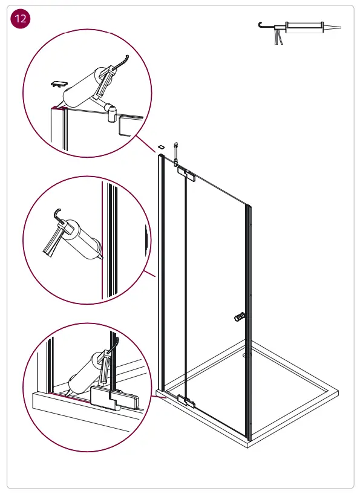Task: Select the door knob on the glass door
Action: coord(239,316)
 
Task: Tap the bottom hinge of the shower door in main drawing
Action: coord(186,400)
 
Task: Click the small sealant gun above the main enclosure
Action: coord(175,152)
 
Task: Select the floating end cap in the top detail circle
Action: coord(59,83)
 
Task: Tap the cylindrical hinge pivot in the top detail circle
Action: coord(111,110)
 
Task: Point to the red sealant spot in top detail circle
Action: coord(56,109)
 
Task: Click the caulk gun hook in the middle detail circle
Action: coord(57,213)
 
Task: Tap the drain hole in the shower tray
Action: coord(244,356)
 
